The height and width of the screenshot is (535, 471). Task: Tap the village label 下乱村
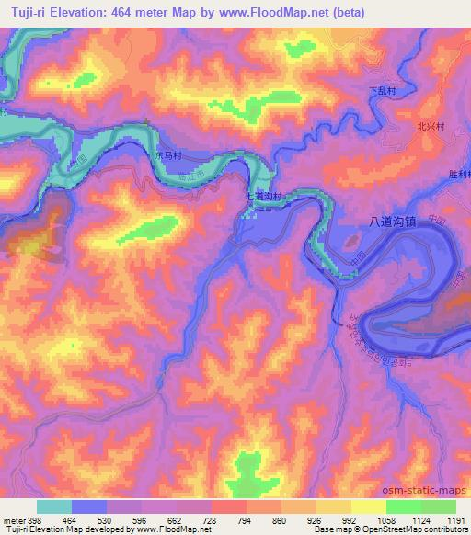[382, 91]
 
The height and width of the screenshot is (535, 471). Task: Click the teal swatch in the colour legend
[54, 507]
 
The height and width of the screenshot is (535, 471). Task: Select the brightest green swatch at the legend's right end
[439, 507]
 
